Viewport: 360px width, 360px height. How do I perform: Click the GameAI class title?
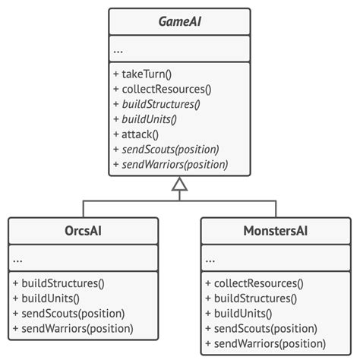[179, 24]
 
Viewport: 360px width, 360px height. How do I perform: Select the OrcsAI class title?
[83, 231]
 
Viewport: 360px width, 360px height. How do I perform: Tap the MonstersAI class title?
[276, 231]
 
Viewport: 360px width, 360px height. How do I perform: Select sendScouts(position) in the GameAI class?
[165, 149]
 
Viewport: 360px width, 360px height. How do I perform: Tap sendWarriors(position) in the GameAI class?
[169, 163]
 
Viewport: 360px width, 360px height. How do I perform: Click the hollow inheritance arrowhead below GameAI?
[179, 183]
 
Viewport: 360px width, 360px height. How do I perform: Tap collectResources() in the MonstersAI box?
[254, 285]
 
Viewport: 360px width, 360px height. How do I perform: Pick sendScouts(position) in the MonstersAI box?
[256, 328]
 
